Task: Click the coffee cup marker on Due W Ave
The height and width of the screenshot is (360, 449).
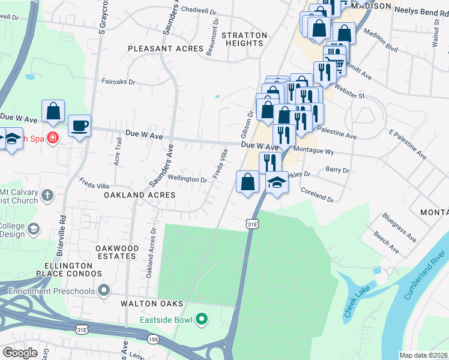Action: pyautogui.click(x=79, y=126)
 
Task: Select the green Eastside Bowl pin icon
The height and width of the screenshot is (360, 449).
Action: pyautogui.click(x=202, y=319)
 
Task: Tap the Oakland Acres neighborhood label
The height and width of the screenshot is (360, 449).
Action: pyautogui.click(x=139, y=195)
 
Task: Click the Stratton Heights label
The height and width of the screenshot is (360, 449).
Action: pyautogui.click(x=244, y=39)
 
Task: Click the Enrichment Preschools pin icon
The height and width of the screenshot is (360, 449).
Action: pyautogui.click(x=104, y=291)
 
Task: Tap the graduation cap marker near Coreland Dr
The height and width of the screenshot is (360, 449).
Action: pyautogui.click(x=277, y=182)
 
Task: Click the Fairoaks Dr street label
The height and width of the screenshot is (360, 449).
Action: pyautogui.click(x=119, y=82)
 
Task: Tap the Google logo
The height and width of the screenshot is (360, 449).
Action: pyautogui.click(x=19, y=352)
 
